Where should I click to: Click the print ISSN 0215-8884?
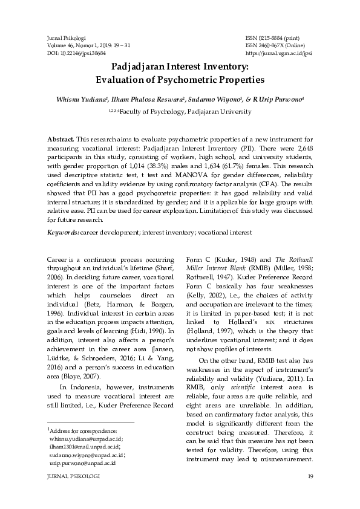tap(271, 37)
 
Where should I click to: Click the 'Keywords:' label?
tap(63, 233)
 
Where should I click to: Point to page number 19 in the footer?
tap(310, 477)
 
